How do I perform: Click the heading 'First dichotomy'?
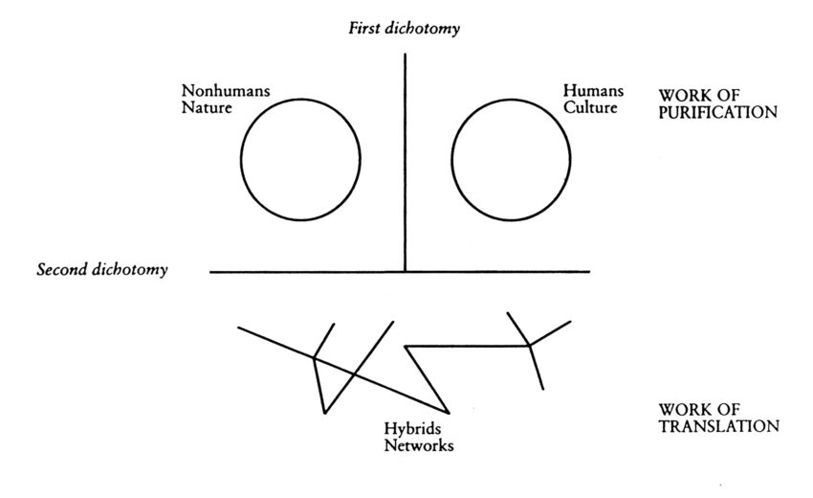[x=404, y=28]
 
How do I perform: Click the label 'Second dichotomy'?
[x=102, y=269]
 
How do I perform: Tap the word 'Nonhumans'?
[x=226, y=91]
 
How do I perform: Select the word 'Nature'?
[x=207, y=108]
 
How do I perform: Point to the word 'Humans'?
[x=593, y=90]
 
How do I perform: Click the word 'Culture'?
[x=590, y=107]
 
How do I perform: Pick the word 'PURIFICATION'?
[x=718, y=112]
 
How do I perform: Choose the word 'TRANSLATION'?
[x=719, y=426]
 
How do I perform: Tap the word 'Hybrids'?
[x=413, y=429]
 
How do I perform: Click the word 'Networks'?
[x=419, y=445]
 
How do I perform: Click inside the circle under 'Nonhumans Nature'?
[x=300, y=159]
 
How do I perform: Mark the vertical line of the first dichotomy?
[x=405, y=163]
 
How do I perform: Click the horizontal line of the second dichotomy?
[x=400, y=272]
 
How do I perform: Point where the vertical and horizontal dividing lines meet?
[x=405, y=272]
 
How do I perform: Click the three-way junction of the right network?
[x=528, y=345]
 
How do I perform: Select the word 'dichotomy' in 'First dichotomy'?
[x=423, y=28]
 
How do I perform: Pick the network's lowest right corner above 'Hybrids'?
[x=449, y=414]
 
